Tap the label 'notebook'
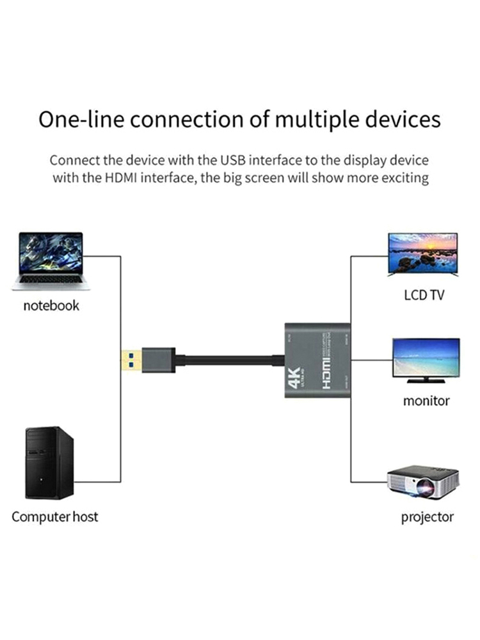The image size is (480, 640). pos(51,305)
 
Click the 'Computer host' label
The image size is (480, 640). pos(55,516)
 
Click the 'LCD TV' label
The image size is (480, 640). pos(424,296)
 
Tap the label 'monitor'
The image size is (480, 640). pos(426,401)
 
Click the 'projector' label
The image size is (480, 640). pos(427,516)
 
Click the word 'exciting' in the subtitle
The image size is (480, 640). pos(404,177)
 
